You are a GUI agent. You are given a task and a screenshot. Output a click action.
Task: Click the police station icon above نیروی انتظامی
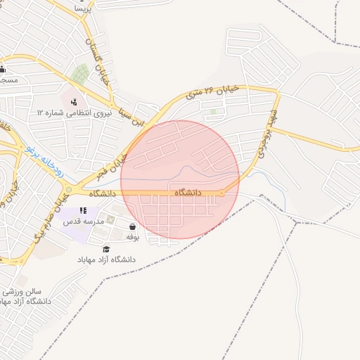(75, 101)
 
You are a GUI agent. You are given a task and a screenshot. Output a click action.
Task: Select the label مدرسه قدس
(84, 221)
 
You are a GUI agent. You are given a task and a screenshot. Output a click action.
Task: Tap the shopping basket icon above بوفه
(133, 226)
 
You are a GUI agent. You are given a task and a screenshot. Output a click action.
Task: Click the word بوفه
(132, 238)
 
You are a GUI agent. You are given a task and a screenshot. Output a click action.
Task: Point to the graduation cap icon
(106, 249)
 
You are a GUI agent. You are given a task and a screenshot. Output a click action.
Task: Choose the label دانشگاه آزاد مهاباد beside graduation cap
(108, 260)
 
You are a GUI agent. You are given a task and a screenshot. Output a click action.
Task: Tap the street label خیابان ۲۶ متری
(212, 90)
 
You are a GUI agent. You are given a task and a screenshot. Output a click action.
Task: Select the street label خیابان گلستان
(98, 60)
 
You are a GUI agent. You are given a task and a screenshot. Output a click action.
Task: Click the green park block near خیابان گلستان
(79, 73)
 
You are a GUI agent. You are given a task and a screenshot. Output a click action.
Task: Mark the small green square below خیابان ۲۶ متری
(213, 111)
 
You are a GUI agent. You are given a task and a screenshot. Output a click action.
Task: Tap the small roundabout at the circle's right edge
(221, 193)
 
